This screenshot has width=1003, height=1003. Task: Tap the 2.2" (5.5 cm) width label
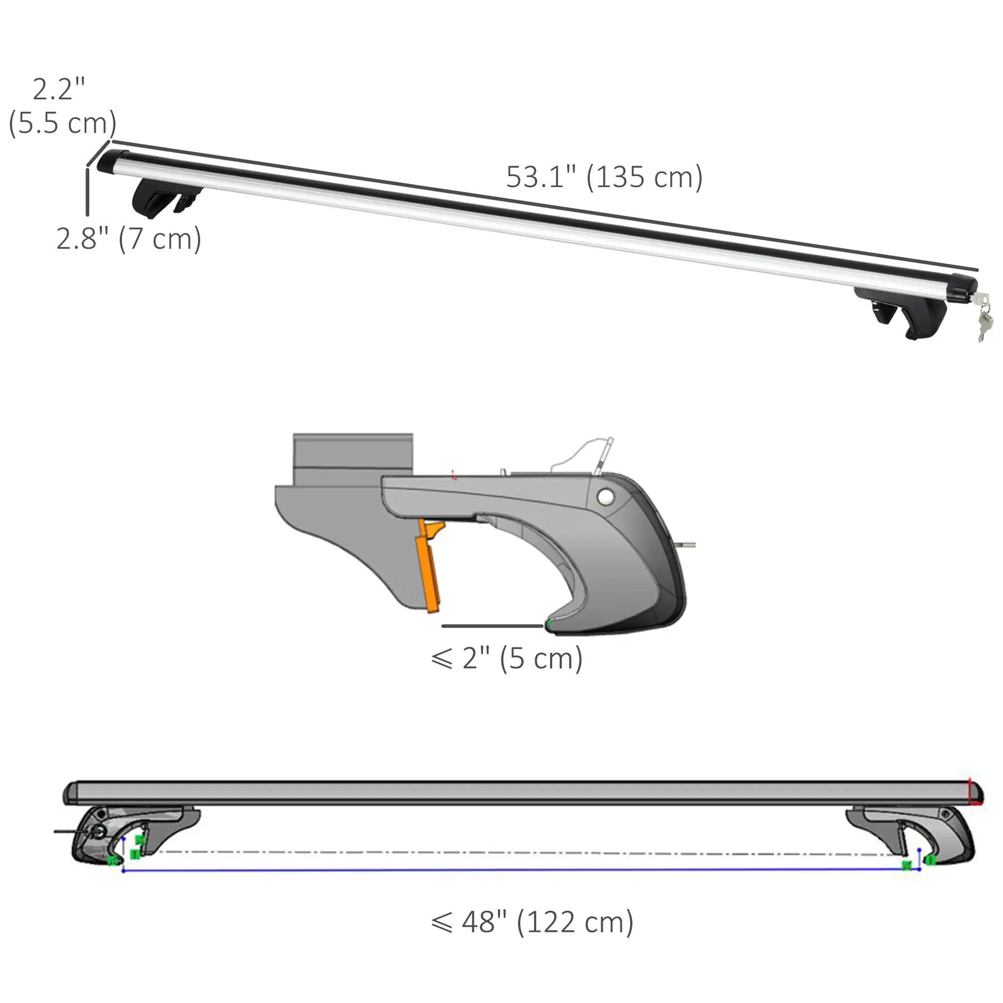click(x=61, y=106)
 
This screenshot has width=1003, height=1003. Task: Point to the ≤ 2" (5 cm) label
click(x=507, y=658)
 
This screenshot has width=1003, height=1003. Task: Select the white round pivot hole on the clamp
click(x=605, y=497)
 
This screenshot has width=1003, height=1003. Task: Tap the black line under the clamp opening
click(x=492, y=626)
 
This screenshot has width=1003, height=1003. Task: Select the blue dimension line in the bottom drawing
click(x=519, y=870)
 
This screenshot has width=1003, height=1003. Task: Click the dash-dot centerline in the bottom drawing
click(x=519, y=852)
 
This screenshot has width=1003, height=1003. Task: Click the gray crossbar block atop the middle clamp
click(x=353, y=457)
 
